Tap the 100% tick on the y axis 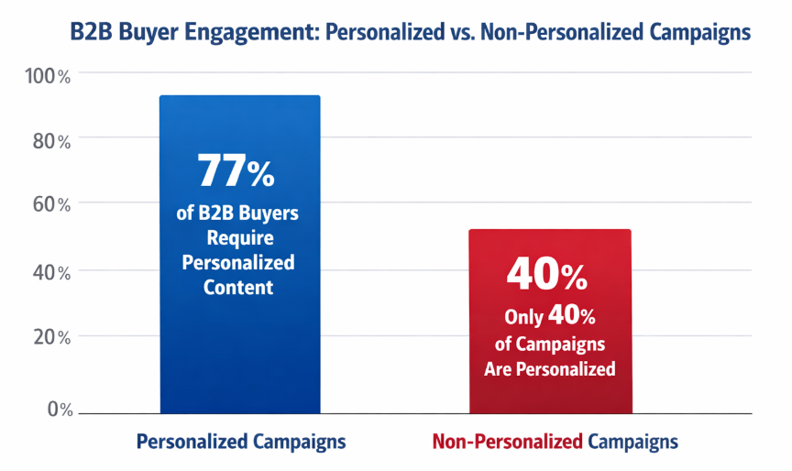(51, 76)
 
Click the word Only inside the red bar (523, 318)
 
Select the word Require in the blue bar (238, 238)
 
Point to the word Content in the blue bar (238, 287)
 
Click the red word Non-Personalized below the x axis (507, 442)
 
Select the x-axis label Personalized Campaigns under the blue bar (241, 442)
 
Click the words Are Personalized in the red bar (550, 370)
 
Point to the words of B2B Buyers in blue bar (237, 214)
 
